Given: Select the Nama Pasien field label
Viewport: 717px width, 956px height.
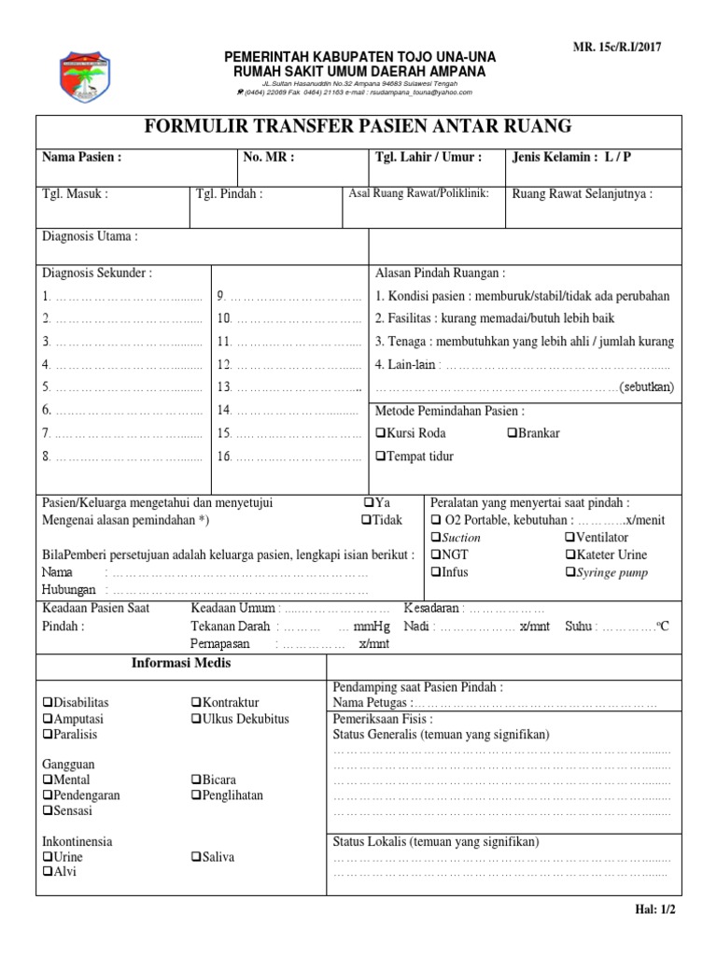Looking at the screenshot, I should point(82,157).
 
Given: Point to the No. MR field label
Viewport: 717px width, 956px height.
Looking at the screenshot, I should point(269,157).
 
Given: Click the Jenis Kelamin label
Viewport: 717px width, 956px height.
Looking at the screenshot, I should point(571,157).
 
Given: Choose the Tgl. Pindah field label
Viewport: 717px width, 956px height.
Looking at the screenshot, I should point(229,194).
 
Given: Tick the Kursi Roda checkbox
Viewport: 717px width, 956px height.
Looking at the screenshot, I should point(380,433).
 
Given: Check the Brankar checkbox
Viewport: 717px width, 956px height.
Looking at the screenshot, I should point(513,433).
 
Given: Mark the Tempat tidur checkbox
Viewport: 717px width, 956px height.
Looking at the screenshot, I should point(380,456).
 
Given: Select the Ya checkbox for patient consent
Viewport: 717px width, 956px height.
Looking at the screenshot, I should point(369,502).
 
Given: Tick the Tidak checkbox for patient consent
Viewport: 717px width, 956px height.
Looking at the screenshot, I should point(366,519).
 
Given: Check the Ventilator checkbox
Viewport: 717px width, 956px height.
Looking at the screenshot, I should point(569,537).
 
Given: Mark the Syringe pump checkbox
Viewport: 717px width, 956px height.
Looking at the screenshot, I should point(569,572).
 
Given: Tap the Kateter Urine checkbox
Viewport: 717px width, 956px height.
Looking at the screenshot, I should point(569,555).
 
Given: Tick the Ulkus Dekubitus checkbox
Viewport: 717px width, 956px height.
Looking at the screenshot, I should point(195,719).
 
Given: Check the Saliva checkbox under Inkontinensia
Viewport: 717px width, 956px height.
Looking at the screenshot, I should point(195,857).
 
